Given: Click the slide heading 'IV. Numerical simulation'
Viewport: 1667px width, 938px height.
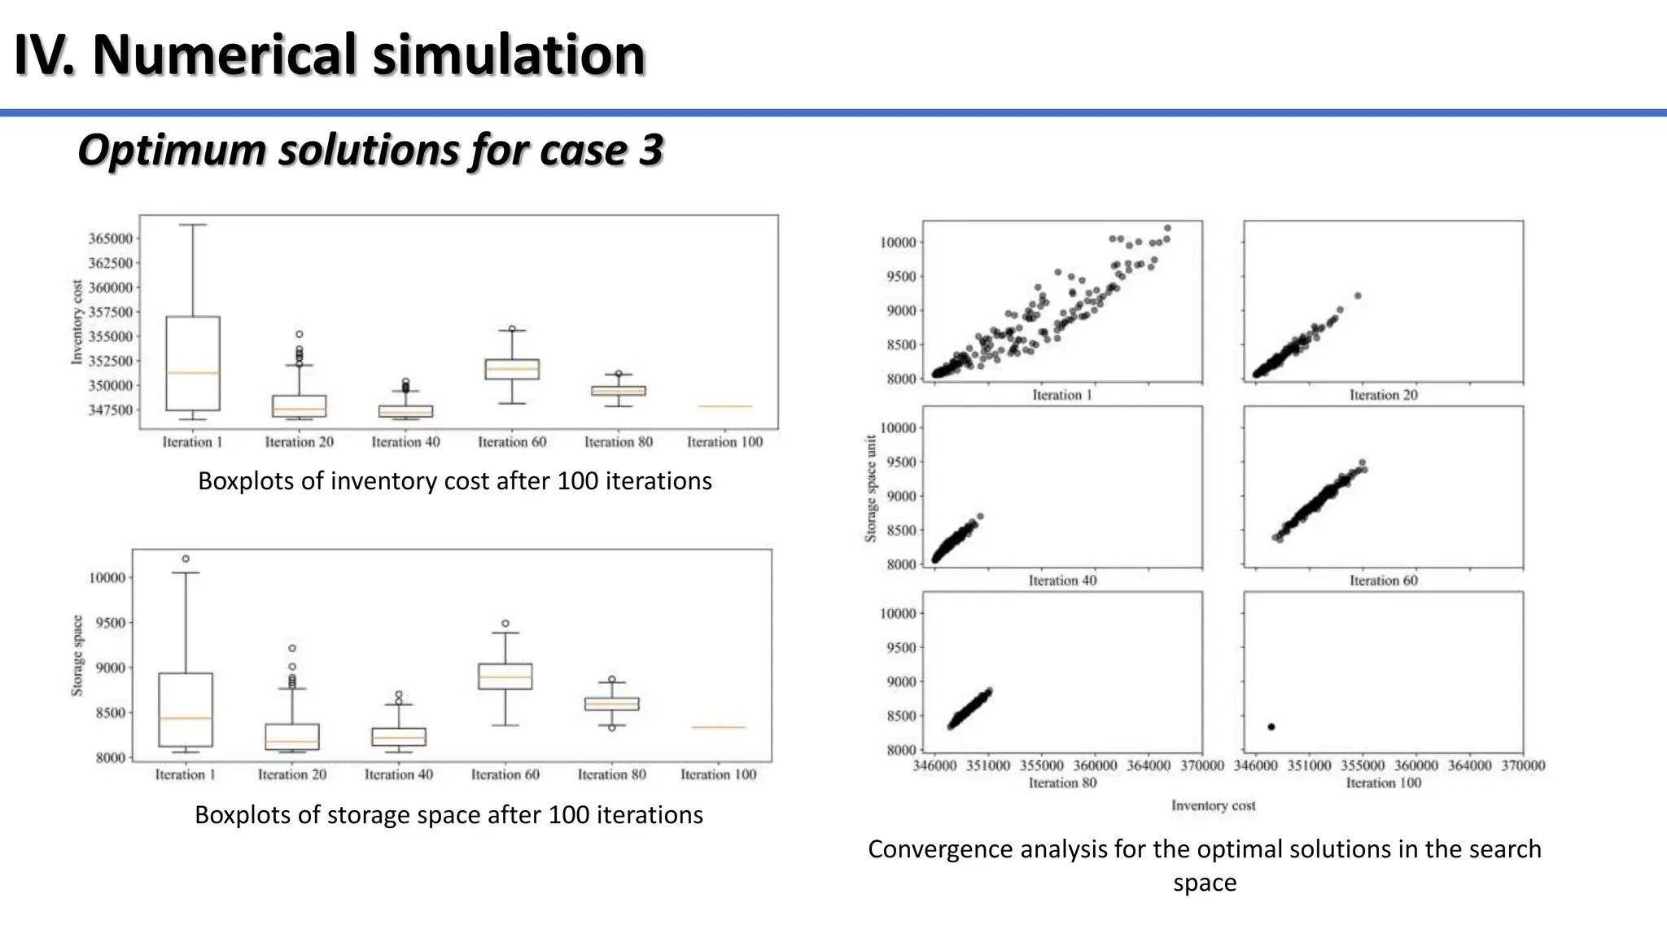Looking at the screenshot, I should (330, 55).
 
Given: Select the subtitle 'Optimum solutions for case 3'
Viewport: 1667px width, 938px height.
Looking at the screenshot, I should (370, 150).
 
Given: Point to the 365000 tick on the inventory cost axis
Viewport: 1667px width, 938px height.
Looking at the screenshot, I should (110, 239).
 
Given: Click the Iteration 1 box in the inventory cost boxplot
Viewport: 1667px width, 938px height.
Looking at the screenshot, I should (193, 363).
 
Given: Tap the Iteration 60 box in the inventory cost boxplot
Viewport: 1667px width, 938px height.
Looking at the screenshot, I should (512, 369).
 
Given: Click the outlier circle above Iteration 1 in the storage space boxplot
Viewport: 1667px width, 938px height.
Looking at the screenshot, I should (186, 559).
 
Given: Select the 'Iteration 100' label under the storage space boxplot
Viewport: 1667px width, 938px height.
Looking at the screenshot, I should (718, 774).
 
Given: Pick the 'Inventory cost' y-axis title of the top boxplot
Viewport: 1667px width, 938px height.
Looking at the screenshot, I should (77, 322).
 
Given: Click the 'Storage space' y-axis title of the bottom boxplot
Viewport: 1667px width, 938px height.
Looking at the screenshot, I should (77, 655).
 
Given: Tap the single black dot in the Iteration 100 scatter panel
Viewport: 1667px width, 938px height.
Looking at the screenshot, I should (1271, 726).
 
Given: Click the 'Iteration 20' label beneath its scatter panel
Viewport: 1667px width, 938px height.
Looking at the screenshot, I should (1383, 395).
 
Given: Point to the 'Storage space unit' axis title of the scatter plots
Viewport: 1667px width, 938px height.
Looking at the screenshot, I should (871, 489).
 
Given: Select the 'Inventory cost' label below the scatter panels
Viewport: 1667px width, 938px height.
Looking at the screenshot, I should (1213, 805).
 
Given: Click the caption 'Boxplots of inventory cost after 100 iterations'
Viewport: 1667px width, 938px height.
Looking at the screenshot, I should (454, 481).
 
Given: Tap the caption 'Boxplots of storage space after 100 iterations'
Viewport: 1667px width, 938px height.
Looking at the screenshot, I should (448, 815).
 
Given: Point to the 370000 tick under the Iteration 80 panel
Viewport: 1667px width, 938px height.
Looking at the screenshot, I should (1201, 765).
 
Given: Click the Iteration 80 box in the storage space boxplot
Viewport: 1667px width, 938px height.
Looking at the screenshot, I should (611, 703).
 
